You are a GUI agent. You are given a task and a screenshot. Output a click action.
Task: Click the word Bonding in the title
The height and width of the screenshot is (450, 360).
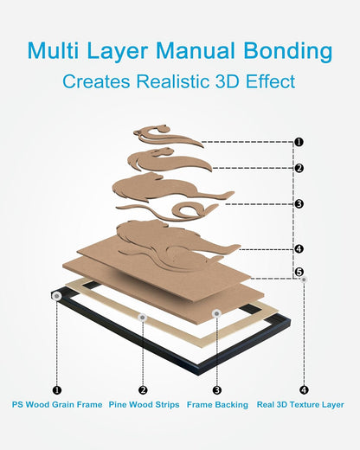[288, 52]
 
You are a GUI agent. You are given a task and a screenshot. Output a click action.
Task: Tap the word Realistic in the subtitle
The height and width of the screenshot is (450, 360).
[172, 81]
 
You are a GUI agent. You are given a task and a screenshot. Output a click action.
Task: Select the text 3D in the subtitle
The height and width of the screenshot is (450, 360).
[227, 81]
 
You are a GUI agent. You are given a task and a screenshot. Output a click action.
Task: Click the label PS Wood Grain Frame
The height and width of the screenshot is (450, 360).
[57, 404]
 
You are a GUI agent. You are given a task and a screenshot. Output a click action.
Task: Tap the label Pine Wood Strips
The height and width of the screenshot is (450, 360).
[144, 404]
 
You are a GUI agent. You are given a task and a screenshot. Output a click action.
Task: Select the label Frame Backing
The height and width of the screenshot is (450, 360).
[217, 404]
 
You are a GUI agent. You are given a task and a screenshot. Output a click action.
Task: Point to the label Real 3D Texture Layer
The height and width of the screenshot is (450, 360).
[300, 404]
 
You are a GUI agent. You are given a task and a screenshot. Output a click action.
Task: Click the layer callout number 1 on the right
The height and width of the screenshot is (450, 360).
[299, 142]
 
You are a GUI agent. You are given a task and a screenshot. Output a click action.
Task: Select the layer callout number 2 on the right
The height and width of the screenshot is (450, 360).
[299, 168]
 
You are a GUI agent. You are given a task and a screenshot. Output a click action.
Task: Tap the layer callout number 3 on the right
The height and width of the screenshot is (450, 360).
[299, 204]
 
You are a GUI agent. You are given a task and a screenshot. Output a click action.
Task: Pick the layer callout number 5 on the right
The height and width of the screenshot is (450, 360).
[299, 272]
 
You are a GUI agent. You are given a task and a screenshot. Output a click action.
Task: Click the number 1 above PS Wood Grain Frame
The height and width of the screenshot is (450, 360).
[57, 390]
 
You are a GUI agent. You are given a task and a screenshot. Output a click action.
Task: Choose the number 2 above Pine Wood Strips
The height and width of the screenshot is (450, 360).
[143, 390]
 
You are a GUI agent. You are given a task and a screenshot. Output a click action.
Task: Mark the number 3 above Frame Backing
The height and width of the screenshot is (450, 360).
[217, 390]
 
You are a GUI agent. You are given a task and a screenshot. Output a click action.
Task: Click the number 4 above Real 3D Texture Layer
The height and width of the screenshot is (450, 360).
[304, 390]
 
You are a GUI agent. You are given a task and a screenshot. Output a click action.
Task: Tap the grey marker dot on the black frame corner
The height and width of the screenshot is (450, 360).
[57, 296]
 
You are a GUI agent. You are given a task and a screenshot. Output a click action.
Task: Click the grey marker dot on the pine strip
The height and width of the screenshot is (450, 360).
[143, 318]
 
